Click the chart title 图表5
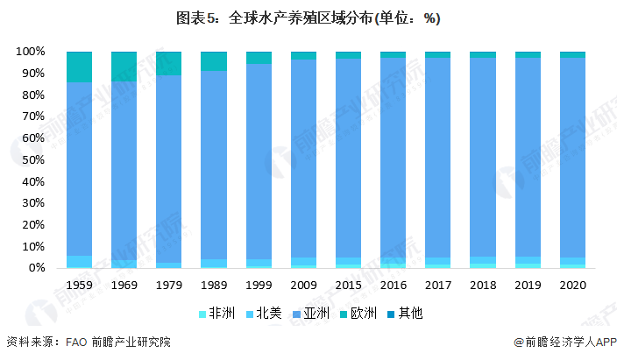(308, 18)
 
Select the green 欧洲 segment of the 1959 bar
(80, 67)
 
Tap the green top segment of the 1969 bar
(124, 66)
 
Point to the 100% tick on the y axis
(30, 52)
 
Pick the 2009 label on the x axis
(304, 286)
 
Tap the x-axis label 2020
(572, 286)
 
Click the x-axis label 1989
(214, 286)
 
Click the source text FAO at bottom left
(77, 342)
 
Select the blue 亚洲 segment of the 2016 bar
(394, 158)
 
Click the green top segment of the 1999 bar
(259, 58)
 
